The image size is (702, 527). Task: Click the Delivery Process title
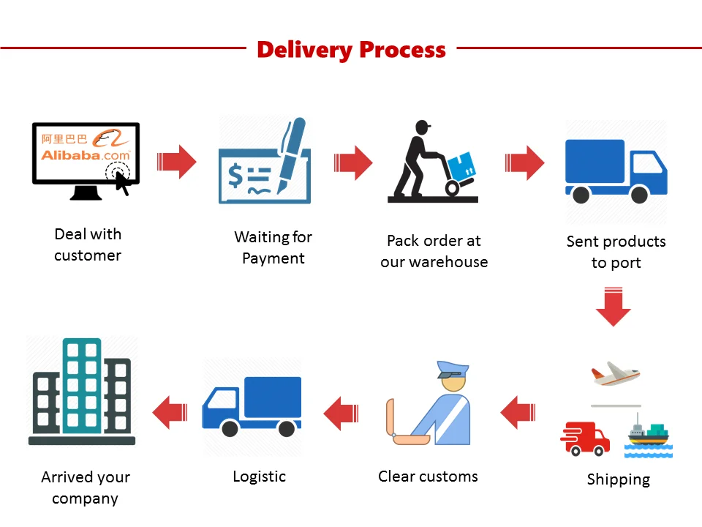click(x=351, y=50)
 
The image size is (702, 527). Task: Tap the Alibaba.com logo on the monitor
click(x=85, y=154)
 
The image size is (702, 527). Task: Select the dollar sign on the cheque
click(x=235, y=176)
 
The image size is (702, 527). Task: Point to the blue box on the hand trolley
click(x=461, y=167)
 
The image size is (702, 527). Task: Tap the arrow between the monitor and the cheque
click(x=177, y=161)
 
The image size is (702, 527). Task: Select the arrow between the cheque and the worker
click(x=353, y=162)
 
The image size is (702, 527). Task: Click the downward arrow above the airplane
click(x=613, y=307)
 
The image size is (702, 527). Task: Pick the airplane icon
click(x=616, y=373)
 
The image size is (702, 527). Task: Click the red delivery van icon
click(x=586, y=437)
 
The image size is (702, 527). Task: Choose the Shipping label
click(x=618, y=480)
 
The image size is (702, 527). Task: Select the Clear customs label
click(x=428, y=476)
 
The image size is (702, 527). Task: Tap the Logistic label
click(x=259, y=476)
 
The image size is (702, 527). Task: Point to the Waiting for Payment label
click(x=273, y=247)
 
